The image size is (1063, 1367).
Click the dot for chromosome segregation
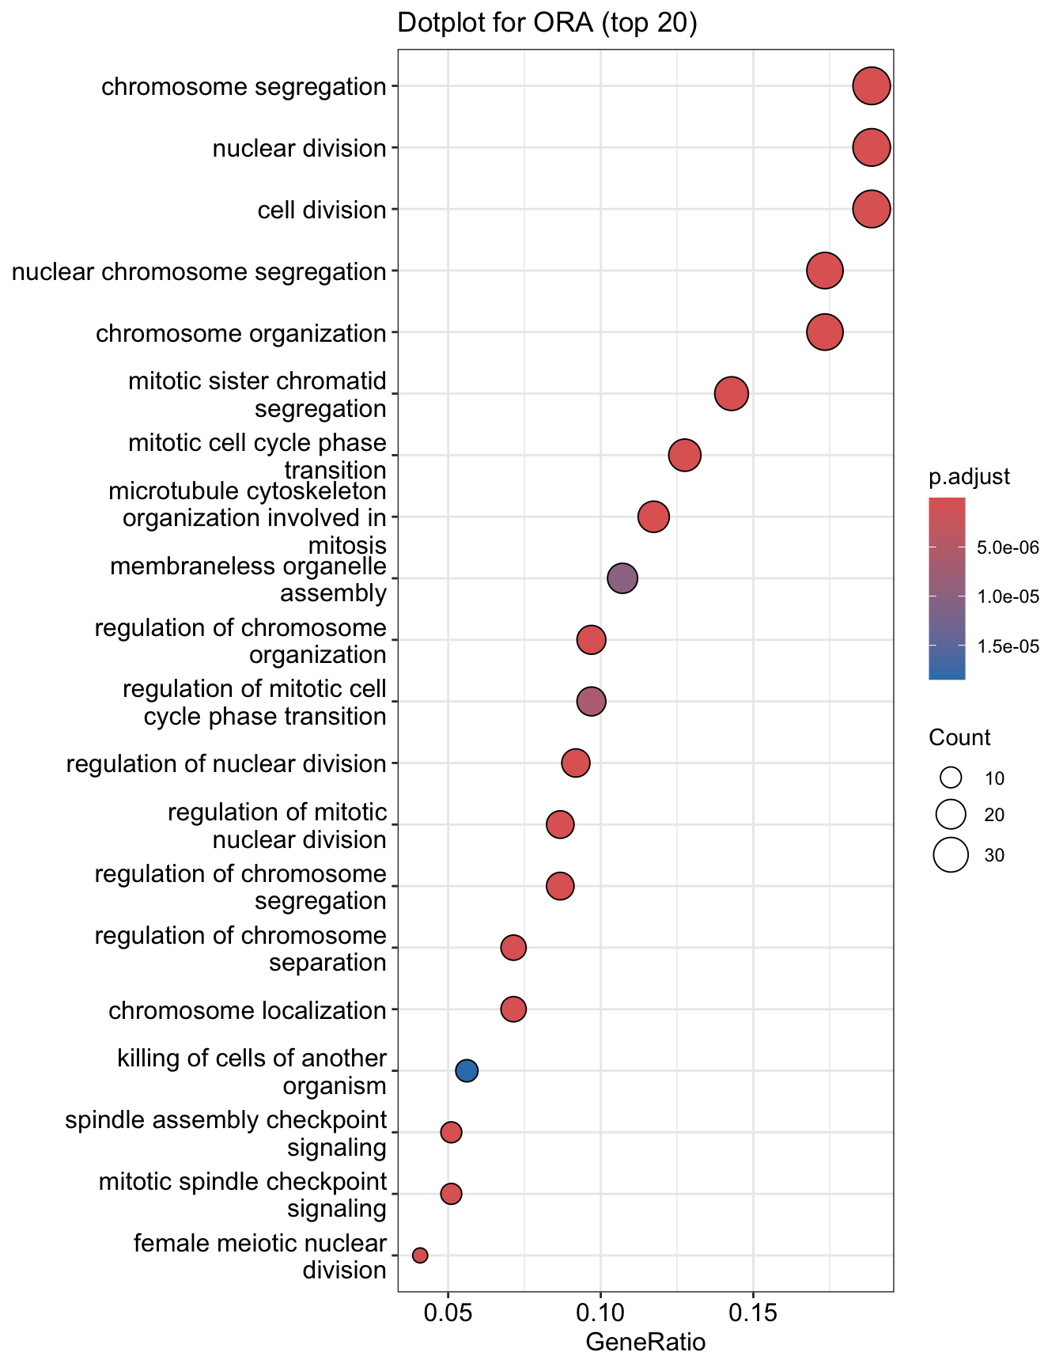click(872, 86)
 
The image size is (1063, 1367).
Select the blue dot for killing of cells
click(467, 1071)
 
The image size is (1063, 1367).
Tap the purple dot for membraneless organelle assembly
click(622, 579)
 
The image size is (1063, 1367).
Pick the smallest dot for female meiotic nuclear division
click(420, 1255)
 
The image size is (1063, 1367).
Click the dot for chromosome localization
click(513, 1009)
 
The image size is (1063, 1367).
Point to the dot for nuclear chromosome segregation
click(825, 271)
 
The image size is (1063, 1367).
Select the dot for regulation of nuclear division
click(576, 763)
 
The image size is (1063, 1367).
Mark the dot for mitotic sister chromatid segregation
click(732, 394)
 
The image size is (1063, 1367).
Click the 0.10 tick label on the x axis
click(600, 1317)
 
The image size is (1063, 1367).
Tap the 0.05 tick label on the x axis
click(448, 1317)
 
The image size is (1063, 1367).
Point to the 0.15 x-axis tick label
click(752, 1317)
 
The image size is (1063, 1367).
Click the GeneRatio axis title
click(645, 1343)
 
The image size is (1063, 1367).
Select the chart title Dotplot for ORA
click(547, 24)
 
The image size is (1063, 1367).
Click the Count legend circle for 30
click(951, 855)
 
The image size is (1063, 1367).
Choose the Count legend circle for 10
click(951, 778)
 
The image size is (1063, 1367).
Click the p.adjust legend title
click(969, 478)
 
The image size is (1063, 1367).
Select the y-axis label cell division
click(322, 210)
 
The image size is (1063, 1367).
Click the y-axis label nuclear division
click(299, 149)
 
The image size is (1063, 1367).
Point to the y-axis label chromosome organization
click(241, 333)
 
